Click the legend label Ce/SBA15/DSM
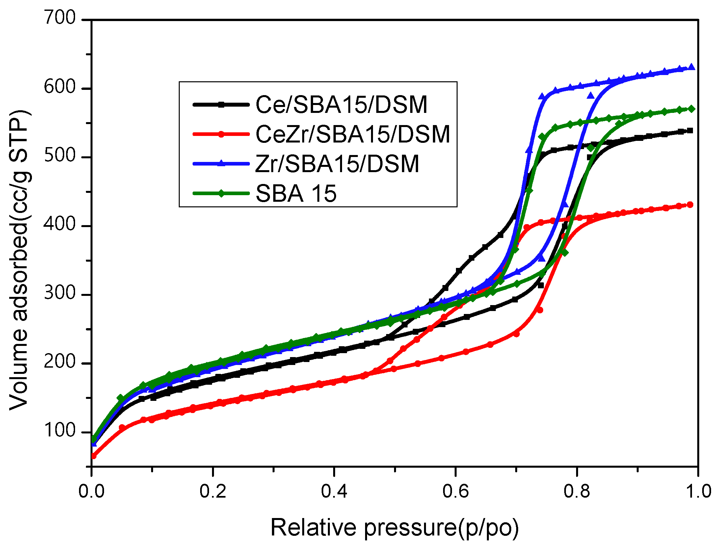[341, 105]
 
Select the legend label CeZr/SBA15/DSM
[353, 134]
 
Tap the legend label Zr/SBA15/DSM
[337, 164]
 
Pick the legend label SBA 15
[296, 193]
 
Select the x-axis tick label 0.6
[455, 491]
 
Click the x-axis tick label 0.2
[213, 491]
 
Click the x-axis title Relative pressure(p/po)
[394, 527]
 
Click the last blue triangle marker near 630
[691, 67]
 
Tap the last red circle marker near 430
[690, 205]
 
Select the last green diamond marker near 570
[691, 109]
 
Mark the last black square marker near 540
[690, 131]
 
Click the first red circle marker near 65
[93, 456]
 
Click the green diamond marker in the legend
[221, 193]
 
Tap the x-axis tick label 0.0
[91, 491]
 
